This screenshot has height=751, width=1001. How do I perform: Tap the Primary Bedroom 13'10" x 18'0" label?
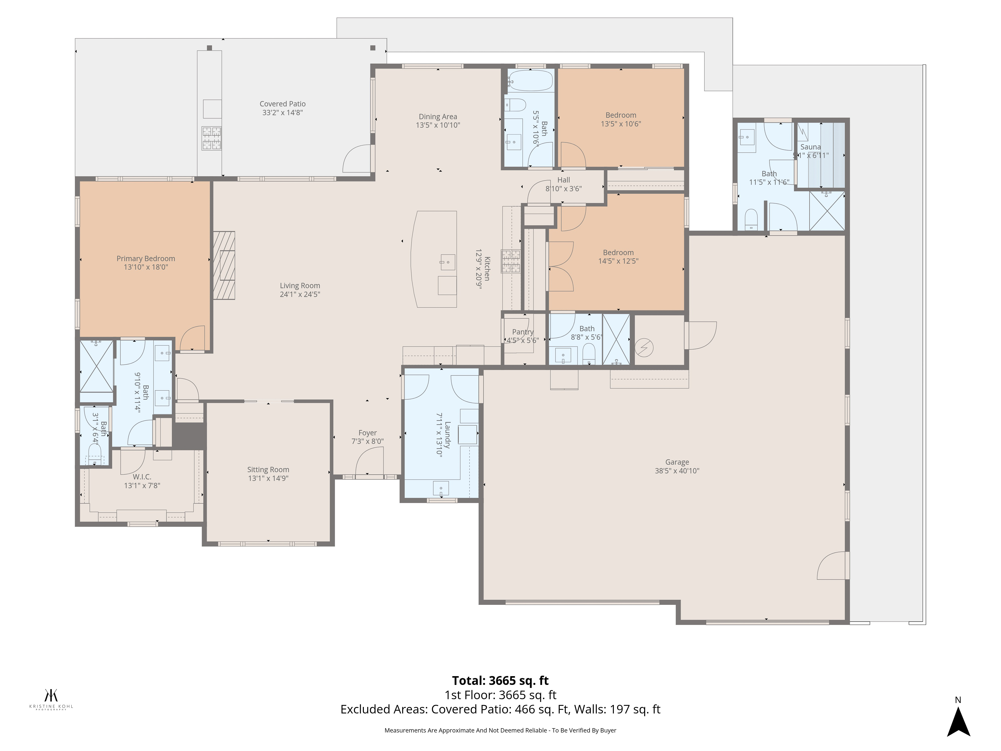(x=146, y=263)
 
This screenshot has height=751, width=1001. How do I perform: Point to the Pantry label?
(x=523, y=332)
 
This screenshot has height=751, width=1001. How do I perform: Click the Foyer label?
(x=367, y=433)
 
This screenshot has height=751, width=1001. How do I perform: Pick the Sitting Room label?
(x=268, y=469)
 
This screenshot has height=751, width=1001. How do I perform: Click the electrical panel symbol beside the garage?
(x=644, y=348)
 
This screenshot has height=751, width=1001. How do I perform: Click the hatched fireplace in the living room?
(x=224, y=265)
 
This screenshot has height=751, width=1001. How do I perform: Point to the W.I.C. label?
(x=142, y=477)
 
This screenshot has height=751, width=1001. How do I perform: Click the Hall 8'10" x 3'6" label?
(x=563, y=184)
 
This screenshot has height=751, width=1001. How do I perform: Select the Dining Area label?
(x=438, y=117)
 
